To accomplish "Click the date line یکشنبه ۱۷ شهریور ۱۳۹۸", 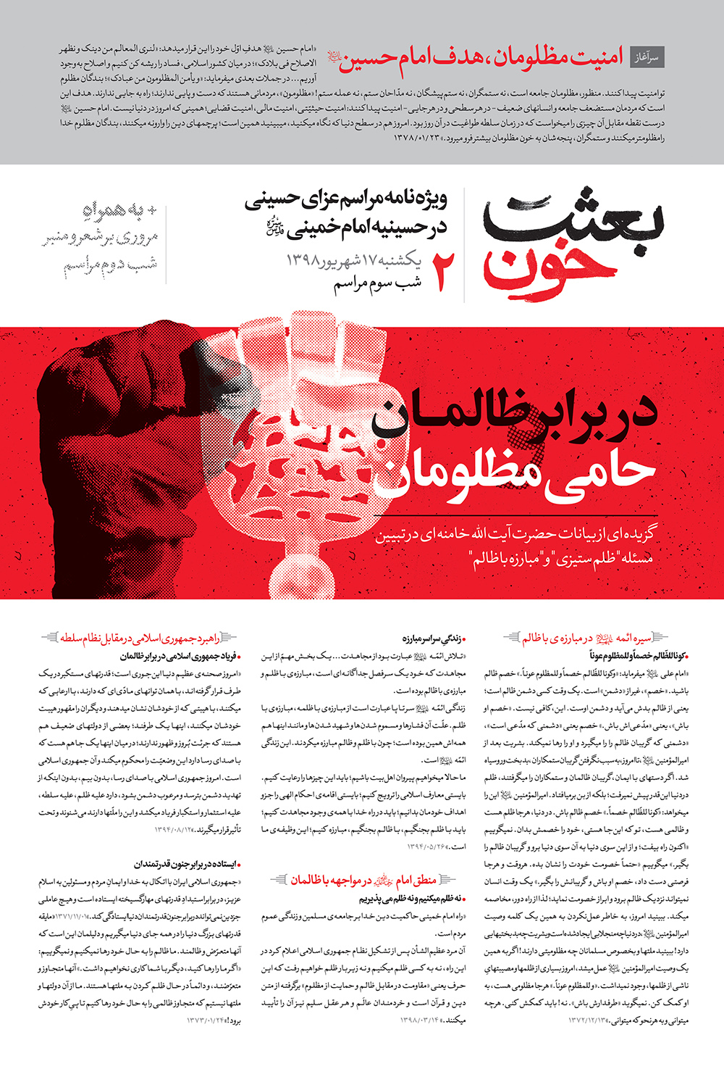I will coord(354,259).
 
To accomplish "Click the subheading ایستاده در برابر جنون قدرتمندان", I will coord(186,864).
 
